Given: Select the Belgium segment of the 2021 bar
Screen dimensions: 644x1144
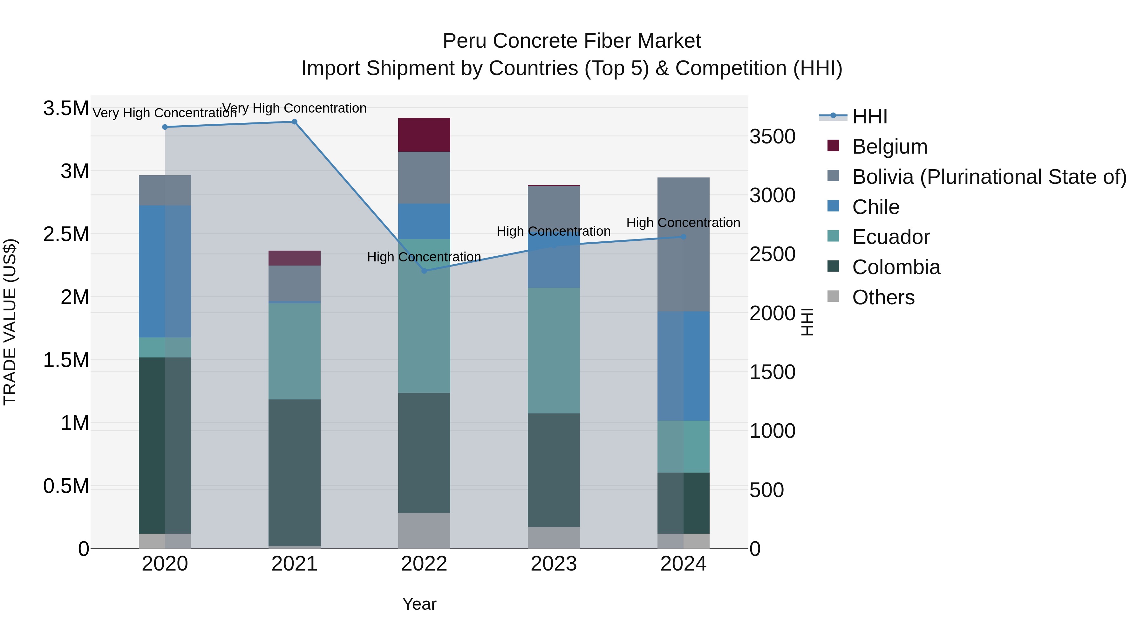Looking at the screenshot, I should (295, 258).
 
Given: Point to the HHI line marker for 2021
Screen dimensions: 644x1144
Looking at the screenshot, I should (295, 122).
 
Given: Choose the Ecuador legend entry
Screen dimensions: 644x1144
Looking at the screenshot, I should (890, 237).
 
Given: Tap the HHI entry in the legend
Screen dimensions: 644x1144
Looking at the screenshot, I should (869, 116).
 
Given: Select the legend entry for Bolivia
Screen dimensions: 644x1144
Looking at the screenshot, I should (989, 177).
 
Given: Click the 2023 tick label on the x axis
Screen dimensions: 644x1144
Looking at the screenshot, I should (553, 564).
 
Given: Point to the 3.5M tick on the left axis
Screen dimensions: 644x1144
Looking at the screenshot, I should (66, 108).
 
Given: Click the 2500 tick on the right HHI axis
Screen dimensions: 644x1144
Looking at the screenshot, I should (772, 254).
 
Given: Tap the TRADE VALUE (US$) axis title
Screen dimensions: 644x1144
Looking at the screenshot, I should (10, 322).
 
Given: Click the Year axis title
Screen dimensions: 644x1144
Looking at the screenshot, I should (419, 604).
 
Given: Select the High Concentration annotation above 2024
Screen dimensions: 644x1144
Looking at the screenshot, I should (683, 222).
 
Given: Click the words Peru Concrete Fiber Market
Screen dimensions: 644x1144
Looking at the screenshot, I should (572, 41).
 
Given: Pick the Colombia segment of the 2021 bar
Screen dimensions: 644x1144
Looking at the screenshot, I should (295, 472).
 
